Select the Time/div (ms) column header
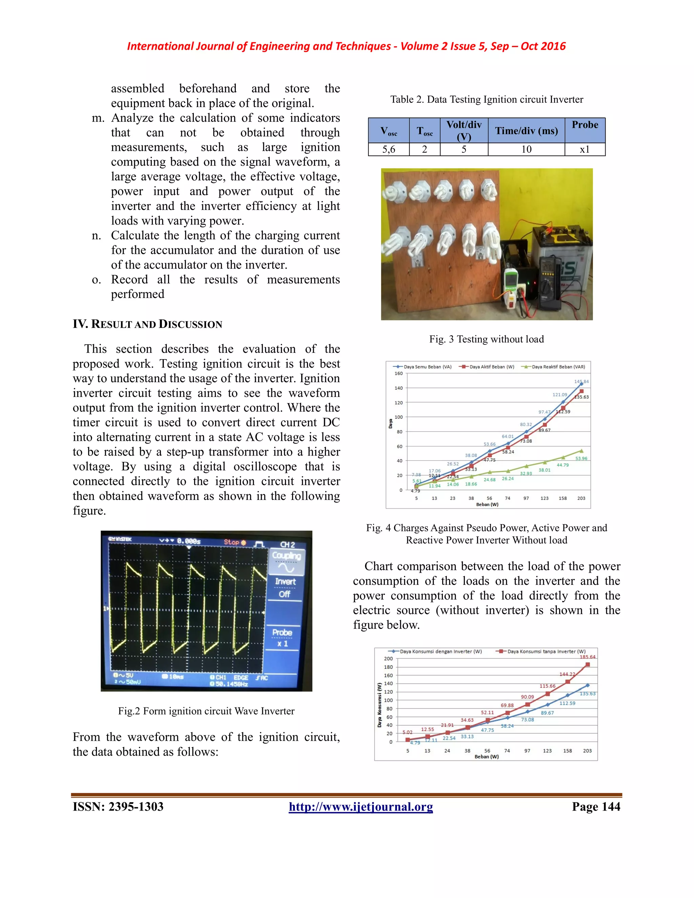tap(526, 131)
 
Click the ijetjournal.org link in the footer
tap(361, 807)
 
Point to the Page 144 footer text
tap(596, 807)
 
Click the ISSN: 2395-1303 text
tap(118, 807)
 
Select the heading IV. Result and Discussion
tap(147, 324)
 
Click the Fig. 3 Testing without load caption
tap(486, 339)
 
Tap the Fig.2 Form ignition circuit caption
tap(206, 711)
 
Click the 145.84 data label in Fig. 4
tap(581, 382)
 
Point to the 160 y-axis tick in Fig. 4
tap(399, 374)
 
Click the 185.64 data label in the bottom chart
tap(588, 657)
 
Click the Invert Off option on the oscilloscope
tap(285, 588)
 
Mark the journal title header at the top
tap(346, 46)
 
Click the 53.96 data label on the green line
tap(581, 458)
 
